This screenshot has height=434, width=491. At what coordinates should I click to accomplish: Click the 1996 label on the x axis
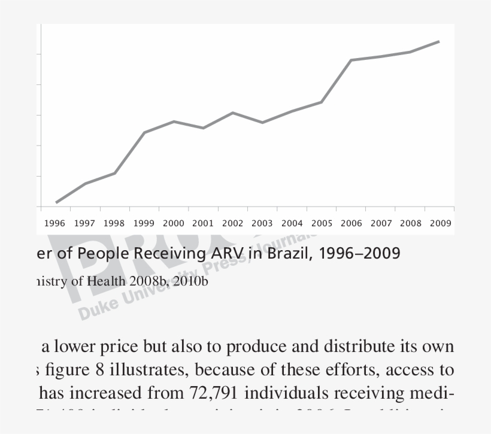(x=54, y=223)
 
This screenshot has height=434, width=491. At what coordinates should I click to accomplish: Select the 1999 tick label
(x=144, y=223)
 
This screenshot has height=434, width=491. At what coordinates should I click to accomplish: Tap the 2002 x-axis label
(x=232, y=223)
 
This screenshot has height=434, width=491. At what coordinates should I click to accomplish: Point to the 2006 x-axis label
(x=351, y=223)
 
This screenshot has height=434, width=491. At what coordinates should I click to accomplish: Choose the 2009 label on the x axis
(x=440, y=223)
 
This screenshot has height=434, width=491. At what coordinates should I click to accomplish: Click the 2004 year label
(x=292, y=223)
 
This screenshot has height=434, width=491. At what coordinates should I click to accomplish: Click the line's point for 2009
(x=439, y=42)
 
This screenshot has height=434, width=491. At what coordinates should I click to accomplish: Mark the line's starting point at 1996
(x=56, y=202)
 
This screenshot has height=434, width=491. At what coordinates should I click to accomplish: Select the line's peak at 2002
(x=233, y=113)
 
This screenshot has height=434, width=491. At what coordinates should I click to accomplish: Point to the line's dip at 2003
(x=262, y=122)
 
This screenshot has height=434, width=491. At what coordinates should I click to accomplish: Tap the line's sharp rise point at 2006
(x=351, y=60)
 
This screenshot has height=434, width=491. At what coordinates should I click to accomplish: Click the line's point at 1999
(x=144, y=132)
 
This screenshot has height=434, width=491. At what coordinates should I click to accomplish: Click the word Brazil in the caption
(x=287, y=254)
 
